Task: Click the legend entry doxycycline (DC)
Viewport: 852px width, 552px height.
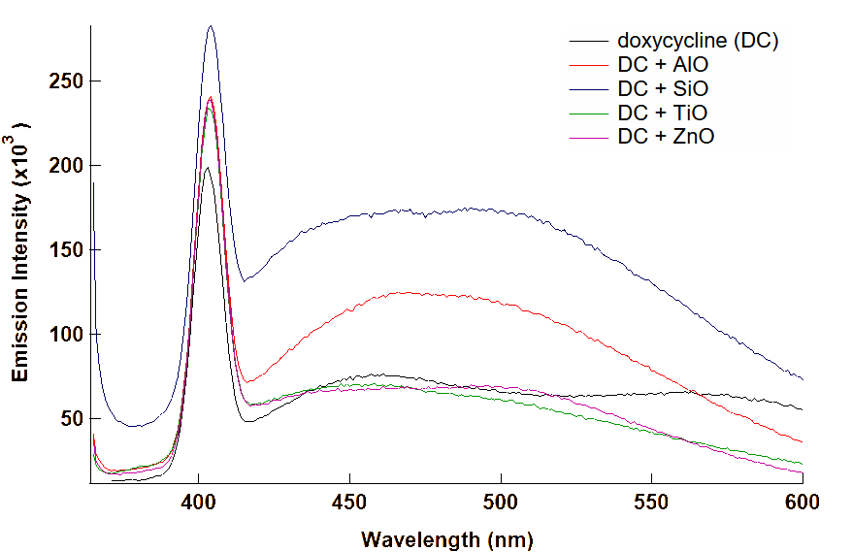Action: pos(698,42)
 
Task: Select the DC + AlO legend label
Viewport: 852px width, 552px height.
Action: pos(663,65)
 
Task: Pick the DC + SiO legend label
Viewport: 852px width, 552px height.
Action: pos(663,89)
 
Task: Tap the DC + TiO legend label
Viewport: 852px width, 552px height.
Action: pos(662,113)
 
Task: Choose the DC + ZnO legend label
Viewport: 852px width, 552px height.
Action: pos(666,137)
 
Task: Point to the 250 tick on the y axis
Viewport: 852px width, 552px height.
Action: pos(65,81)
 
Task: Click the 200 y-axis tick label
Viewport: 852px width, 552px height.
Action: pos(65,166)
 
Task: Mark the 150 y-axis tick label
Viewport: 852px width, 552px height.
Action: pos(65,250)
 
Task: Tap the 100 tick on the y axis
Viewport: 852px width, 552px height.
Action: pos(65,335)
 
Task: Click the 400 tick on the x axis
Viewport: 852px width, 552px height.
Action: pos(198,502)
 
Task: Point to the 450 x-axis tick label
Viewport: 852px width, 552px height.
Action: pos(349,502)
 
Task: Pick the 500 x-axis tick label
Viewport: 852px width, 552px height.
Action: pos(501,502)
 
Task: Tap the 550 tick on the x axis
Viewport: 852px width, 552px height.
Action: pos(651,502)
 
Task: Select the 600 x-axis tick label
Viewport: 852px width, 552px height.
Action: pos(802,502)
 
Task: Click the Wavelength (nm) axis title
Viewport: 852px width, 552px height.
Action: pos(447,538)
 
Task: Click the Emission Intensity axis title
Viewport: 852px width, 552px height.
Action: pos(19,251)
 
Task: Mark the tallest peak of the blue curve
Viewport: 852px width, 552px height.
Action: pos(211,26)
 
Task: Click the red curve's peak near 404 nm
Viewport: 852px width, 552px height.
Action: pos(210,96)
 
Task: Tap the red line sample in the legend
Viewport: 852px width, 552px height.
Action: pos(589,137)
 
